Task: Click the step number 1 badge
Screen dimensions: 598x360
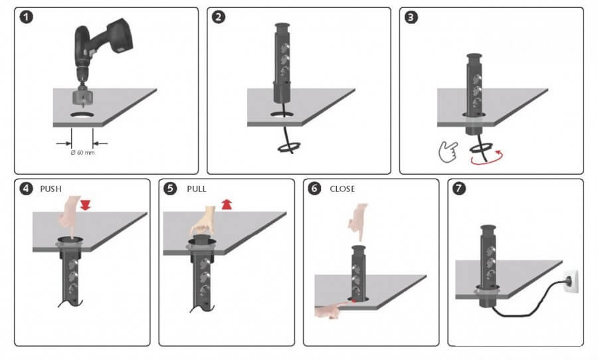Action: coord(27,17)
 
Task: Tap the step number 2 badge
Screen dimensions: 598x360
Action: coord(219,17)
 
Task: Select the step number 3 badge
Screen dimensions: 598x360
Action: coord(411,17)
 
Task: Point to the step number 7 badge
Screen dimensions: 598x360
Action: coord(459,189)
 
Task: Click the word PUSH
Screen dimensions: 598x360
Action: coord(50,189)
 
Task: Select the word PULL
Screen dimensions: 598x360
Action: coord(197,189)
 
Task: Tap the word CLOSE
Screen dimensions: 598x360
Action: coord(342,189)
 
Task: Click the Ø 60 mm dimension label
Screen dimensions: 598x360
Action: coord(82,153)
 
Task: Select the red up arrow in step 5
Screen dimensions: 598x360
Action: coord(227,204)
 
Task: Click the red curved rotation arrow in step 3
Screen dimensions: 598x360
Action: coord(488,158)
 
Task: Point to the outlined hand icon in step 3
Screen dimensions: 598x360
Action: coord(448,152)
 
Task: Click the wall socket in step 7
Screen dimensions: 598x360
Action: coord(571,282)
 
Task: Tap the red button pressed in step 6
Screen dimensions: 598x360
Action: coord(354,301)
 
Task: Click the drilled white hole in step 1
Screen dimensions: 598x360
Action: coord(82,114)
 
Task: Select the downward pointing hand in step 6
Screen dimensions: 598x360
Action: coord(357,222)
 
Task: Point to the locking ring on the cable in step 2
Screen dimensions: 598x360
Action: coord(289,147)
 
